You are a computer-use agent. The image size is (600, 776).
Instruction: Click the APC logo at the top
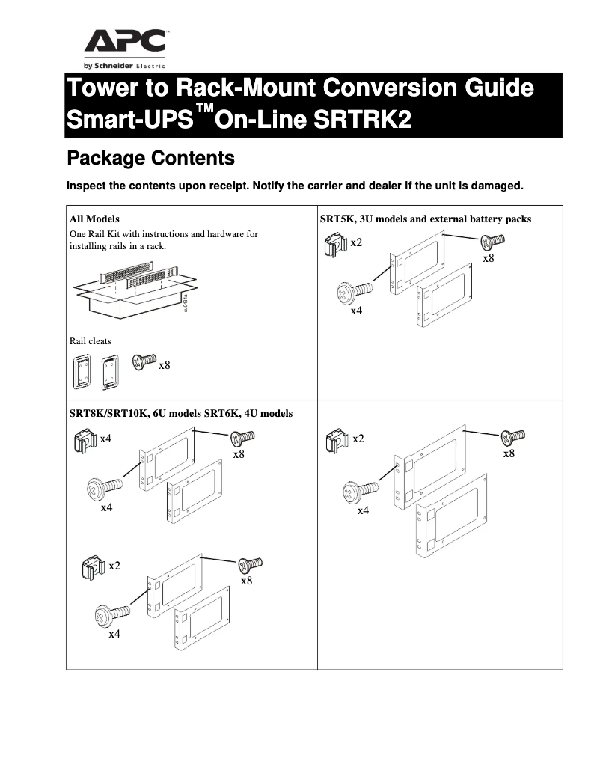click(x=125, y=42)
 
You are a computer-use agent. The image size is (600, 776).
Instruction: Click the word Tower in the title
click(x=102, y=88)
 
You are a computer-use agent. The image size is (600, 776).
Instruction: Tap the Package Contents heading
click(x=150, y=159)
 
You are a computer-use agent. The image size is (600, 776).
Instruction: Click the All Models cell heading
click(x=94, y=219)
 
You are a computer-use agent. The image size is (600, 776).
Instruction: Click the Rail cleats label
click(x=90, y=341)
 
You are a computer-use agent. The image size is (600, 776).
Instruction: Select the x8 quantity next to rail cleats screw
click(x=164, y=365)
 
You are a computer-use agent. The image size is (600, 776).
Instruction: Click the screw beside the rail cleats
click(x=143, y=361)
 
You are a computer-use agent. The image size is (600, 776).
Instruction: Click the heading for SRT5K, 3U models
click(x=426, y=219)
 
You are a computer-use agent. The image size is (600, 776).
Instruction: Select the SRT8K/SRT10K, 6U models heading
click(x=180, y=413)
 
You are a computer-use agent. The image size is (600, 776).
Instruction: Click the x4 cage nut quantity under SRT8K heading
click(x=105, y=439)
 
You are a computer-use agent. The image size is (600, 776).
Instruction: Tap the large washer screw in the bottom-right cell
click(x=356, y=492)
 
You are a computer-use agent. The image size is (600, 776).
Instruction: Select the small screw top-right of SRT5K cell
click(x=492, y=241)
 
